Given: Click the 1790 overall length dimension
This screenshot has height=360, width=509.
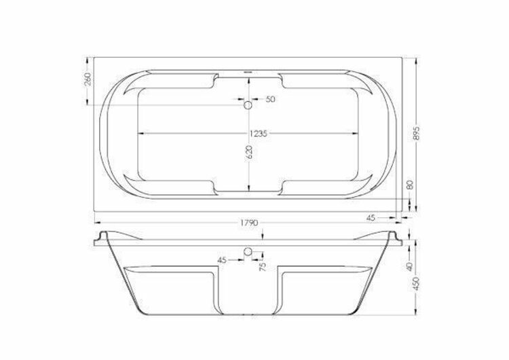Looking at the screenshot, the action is click(x=249, y=223).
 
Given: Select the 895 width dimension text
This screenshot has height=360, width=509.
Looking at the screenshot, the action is click(x=417, y=132).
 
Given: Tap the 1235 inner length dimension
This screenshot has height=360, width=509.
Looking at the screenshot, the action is click(x=259, y=134).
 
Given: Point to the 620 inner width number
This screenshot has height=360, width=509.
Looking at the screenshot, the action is click(x=248, y=152).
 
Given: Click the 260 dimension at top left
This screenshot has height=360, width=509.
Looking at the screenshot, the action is click(x=88, y=79).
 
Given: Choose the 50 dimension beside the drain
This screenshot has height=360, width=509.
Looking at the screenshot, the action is click(x=270, y=99).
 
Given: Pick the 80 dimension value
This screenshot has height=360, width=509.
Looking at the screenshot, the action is click(x=410, y=185).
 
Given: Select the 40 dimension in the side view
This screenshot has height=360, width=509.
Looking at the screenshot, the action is click(x=409, y=266).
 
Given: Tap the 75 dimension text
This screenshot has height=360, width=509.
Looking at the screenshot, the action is click(x=263, y=266).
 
